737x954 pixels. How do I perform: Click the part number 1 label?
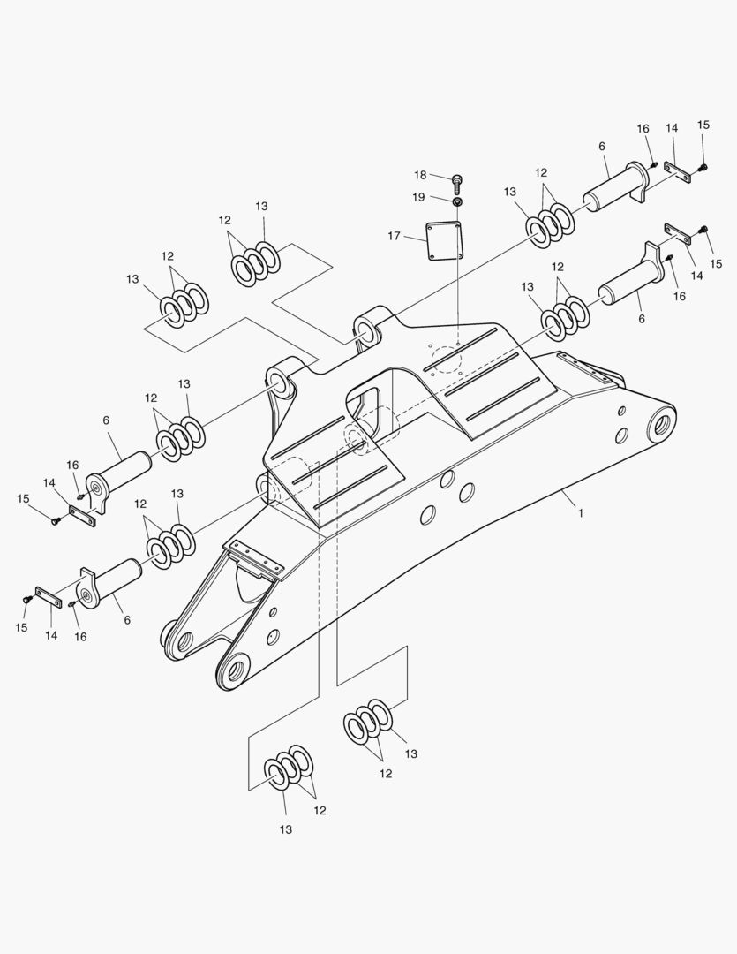pyautogui.click(x=580, y=513)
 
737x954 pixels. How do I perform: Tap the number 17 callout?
pyautogui.click(x=394, y=236)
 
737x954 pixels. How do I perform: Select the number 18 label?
pyautogui.click(x=420, y=175)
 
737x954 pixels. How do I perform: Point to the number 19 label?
pyautogui.click(x=418, y=197)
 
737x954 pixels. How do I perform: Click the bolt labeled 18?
pyautogui.click(x=457, y=182)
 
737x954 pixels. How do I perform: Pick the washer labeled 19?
pyautogui.click(x=457, y=201)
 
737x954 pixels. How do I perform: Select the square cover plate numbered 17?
pyautogui.click(x=443, y=241)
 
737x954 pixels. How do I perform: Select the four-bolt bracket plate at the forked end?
pyautogui.click(x=255, y=558)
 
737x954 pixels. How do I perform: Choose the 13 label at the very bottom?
pyautogui.click(x=286, y=829)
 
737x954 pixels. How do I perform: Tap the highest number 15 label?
pyautogui.click(x=703, y=125)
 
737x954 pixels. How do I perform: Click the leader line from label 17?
pyautogui.click(x=413, y=238)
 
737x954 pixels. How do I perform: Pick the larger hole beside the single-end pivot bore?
pyautogui.click(x=621, y=435)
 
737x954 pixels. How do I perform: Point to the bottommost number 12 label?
pyautogui.click(x=320, y=810)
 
